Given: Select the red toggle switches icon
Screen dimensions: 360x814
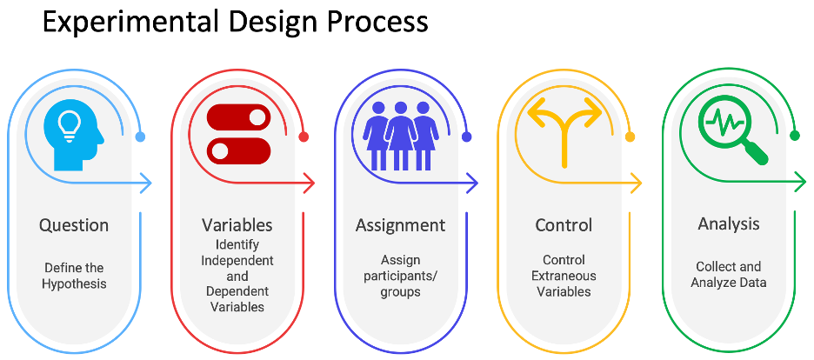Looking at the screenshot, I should (238, 134).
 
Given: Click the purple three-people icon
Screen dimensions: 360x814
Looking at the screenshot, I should (400, 135).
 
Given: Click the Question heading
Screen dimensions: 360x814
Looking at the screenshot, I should (74, 225).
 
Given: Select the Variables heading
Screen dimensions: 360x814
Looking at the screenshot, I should (237, 225).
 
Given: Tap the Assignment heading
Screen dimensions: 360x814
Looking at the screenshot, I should (400, 225).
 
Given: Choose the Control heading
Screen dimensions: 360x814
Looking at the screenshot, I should (564, 225).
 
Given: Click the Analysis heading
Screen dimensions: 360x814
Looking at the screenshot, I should (729, 224).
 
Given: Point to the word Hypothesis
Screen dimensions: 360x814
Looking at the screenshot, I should (74, 283).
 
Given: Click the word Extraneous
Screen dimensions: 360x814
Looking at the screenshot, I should (564, 276).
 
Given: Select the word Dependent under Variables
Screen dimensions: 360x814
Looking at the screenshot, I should (237, 290).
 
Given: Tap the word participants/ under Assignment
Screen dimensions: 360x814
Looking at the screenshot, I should (400, 276).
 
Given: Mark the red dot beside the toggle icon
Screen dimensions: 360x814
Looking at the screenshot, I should (304, 137).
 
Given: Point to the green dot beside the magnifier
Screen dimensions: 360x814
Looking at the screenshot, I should (794, 137).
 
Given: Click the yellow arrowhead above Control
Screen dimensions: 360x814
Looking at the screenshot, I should (636, 183).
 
